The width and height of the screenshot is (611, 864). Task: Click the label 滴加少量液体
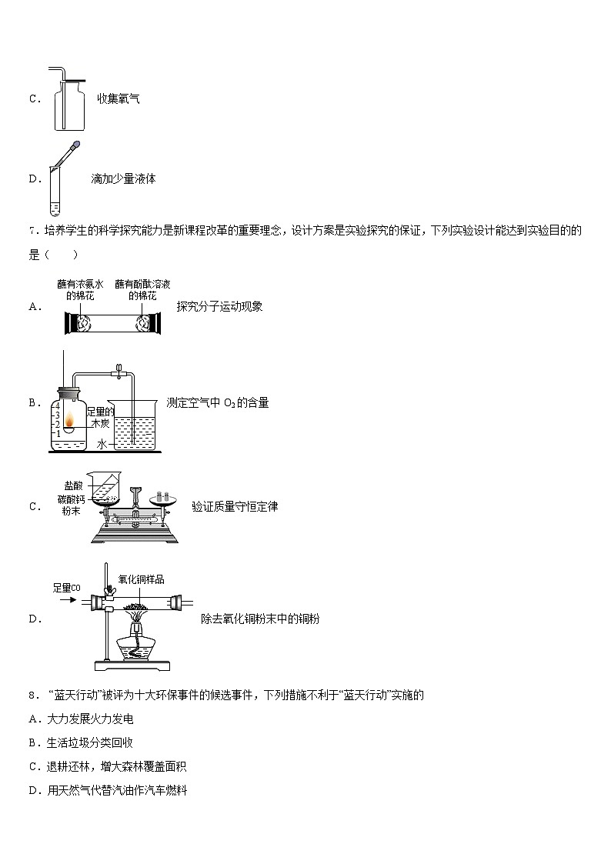(123, 178)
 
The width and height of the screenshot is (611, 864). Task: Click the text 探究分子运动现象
(219, 306)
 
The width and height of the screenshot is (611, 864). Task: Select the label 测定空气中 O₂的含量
(218, 402)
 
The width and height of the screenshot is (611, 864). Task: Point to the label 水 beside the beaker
(101, 444)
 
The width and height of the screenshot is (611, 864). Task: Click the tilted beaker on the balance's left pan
(105, 487)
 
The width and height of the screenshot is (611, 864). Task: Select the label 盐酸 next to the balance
(74, 485)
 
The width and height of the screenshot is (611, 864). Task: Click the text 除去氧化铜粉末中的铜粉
(259, 619)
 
